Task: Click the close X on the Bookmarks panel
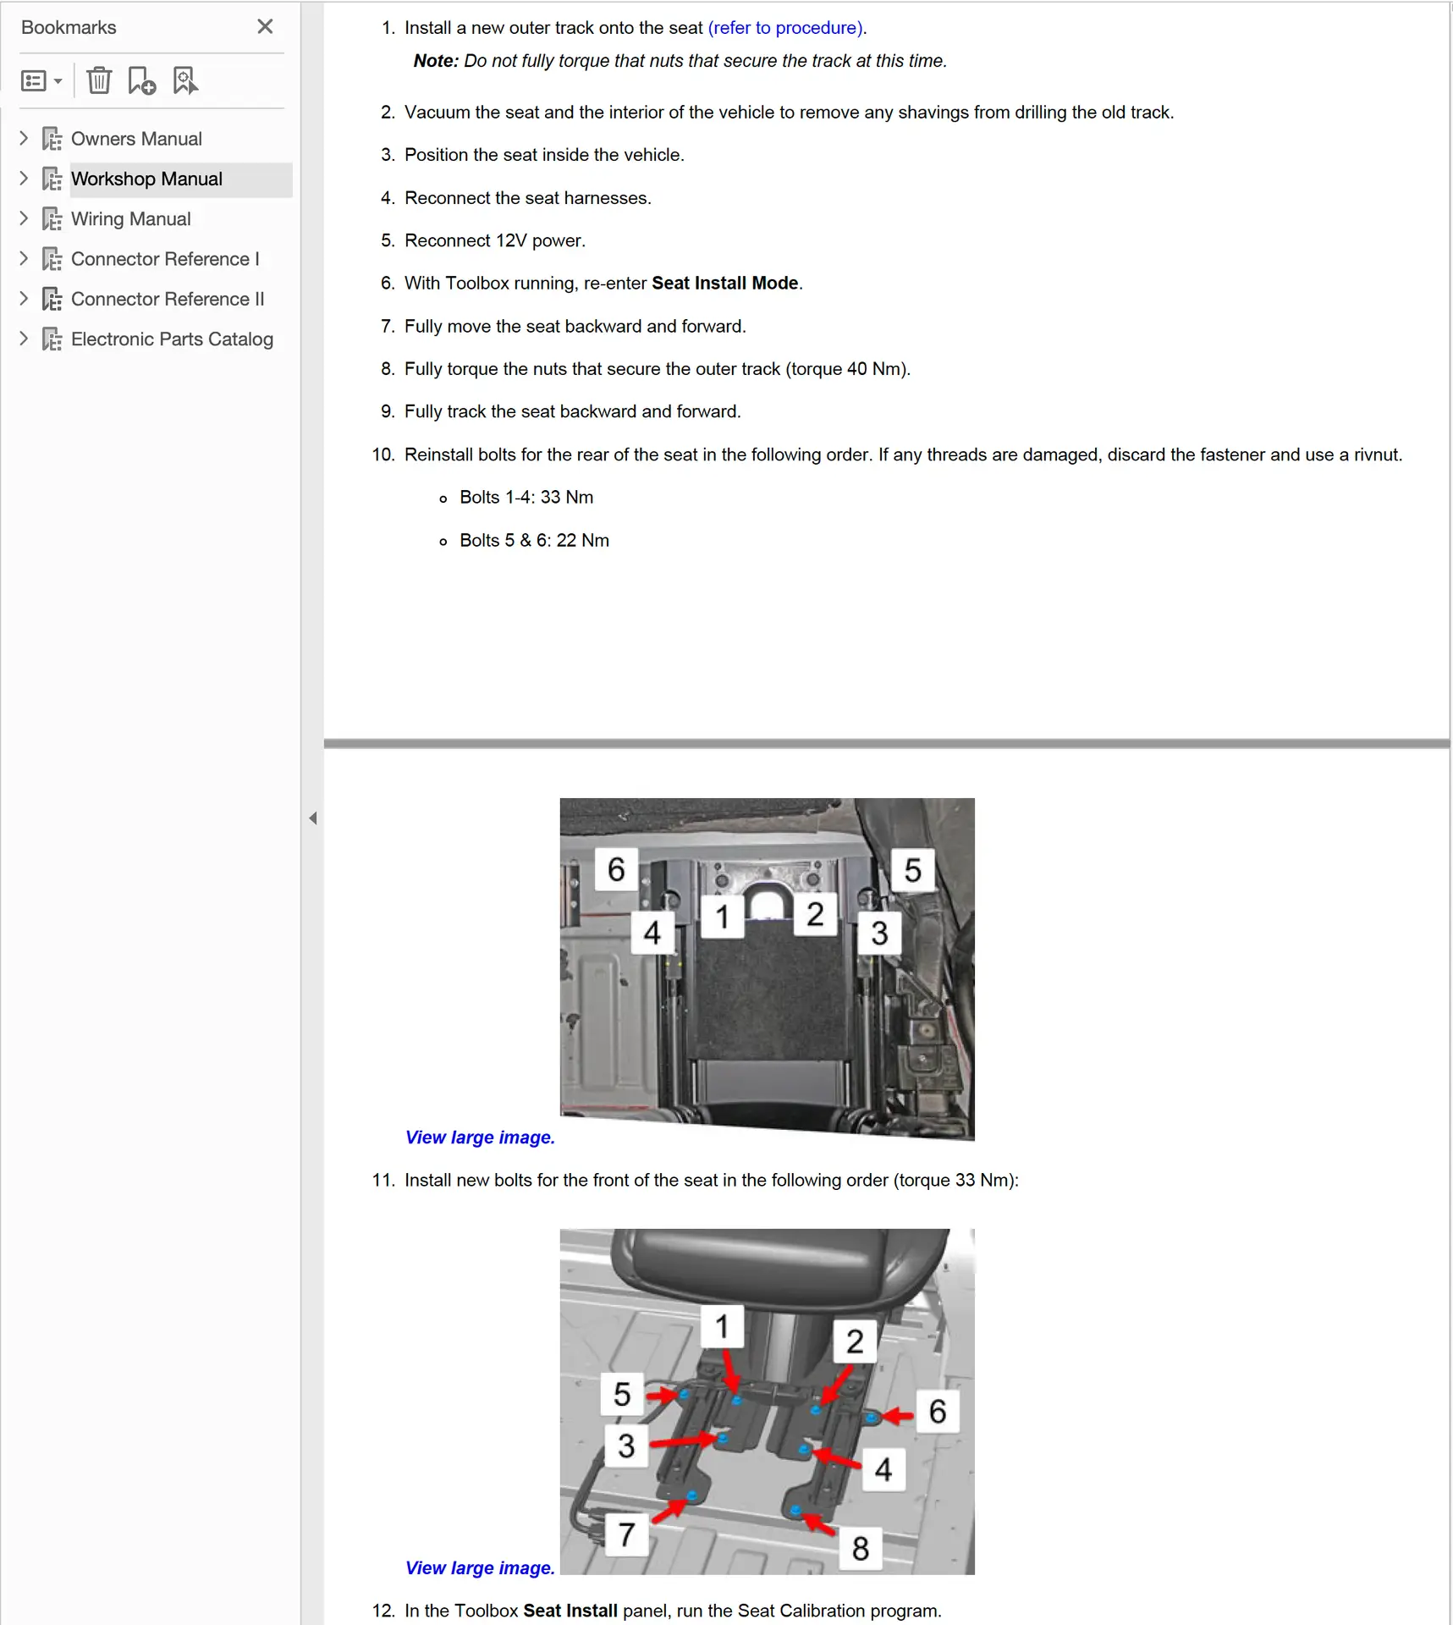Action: coord(265,27)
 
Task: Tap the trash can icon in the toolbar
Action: coord(99,81)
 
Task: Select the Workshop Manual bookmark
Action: coord(146,179)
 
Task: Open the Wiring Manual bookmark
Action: coord(130,219)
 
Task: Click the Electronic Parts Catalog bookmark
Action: coord(172,339)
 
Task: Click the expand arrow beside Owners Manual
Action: coord(24,138)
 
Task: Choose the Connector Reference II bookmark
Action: coord(168,300)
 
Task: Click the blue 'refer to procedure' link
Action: coord(786,28)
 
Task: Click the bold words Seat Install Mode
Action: coord(724,284)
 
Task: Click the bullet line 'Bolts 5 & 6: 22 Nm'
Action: coord(534,541)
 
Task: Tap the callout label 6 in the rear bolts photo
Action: coord(616,869)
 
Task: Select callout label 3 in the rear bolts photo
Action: coord(879,934)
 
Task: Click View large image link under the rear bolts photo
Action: coord(480,1137)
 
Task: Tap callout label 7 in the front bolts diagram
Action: coord(626,1534)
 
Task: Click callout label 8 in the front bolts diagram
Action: coord(861,1549)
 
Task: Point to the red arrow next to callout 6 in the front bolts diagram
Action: coord(897,1415)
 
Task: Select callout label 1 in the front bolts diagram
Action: coord(722,1326)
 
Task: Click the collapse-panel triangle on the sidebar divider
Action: coord(313,818)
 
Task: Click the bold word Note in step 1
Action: coord(435,61)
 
